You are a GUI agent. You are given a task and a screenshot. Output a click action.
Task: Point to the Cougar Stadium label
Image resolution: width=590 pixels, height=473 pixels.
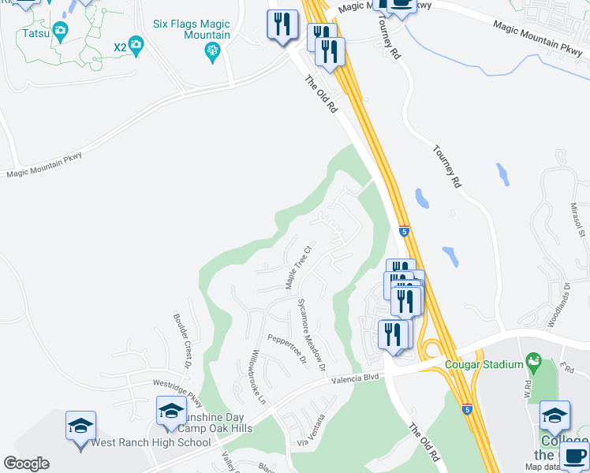point(484,364)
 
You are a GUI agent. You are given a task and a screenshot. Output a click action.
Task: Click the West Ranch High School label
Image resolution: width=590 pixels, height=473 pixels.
point(151,442)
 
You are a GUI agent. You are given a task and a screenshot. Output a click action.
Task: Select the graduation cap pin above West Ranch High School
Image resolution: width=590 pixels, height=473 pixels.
point(80,426)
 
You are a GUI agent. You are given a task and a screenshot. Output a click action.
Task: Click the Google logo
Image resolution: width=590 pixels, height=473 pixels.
point(26,464)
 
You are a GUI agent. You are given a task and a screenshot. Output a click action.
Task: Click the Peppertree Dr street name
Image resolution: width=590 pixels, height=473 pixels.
point(286,349)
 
